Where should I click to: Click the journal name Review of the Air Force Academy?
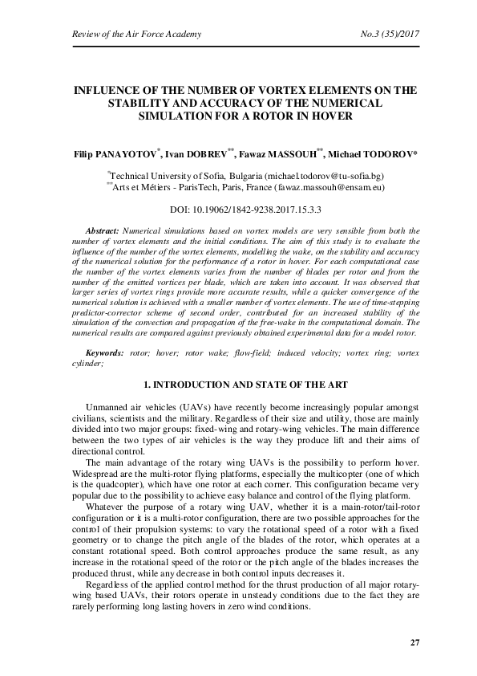point(126,34)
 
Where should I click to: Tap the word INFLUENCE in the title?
point(104,91)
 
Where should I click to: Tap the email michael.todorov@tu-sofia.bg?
point(330,175)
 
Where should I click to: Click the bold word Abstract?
point(102,230)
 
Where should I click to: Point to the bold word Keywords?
point(105,352)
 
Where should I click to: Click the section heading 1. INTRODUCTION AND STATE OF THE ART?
point(238,384)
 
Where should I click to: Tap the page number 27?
point(414,643)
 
